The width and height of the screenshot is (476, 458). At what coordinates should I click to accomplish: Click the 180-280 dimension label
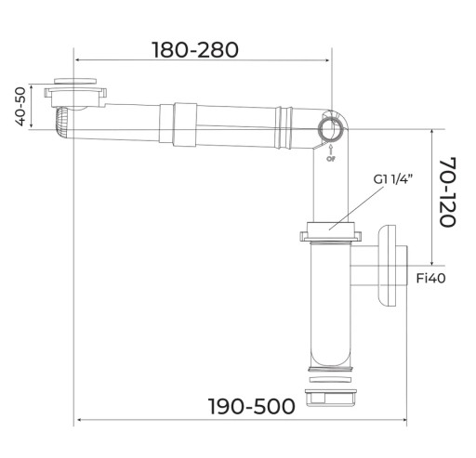(x=195, y=50)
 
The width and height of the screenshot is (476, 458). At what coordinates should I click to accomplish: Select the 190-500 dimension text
(x=252, y=406)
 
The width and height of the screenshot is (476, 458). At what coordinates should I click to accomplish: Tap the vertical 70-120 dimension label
(x=448, y=192)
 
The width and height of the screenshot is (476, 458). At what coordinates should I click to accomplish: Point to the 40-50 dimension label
(x=20, y=107)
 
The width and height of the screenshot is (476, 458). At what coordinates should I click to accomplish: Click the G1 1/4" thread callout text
(x=393, y=179)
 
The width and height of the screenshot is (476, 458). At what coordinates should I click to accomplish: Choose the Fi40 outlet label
(x=430, y=278)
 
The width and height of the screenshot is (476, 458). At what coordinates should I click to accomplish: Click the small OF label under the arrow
(x=331, y=159)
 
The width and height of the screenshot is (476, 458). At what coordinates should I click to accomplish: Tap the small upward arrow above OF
(x=331, y=150)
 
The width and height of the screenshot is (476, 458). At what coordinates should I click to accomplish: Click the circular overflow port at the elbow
(x=330, y=129)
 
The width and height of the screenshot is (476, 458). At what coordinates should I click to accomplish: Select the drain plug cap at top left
(x=75, y=81)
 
